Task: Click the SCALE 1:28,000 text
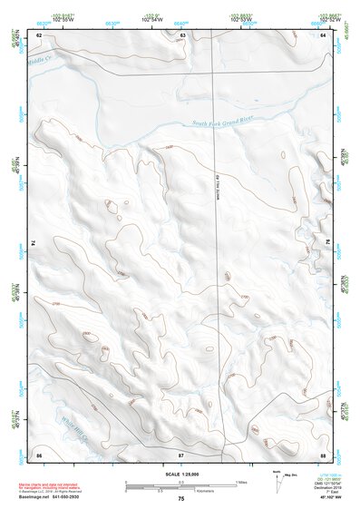180,475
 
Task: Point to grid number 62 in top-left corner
39,34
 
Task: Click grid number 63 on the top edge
182,34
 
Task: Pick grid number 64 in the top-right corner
322,34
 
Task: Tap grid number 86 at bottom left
39,452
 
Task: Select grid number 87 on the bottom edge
181,452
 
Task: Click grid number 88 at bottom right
322,452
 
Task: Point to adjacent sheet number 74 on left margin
34,243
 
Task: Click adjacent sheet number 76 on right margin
327,243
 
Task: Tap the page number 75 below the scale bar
180,500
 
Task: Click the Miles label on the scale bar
242,482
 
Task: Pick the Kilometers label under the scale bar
167,492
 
